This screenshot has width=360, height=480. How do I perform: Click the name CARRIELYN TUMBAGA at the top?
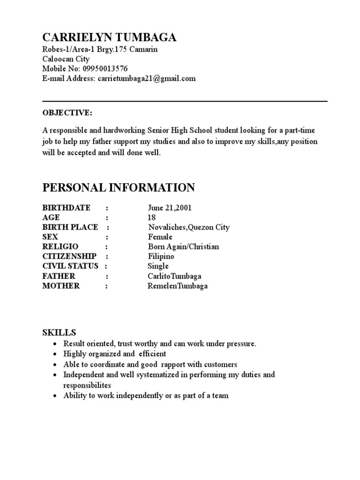pos(109,38)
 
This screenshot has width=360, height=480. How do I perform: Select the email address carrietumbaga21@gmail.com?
pos(147,79)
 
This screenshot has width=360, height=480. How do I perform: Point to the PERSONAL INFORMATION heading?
pos(119,188)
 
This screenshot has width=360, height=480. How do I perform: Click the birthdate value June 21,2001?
pos(169,208)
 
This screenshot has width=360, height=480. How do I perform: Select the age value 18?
pos(151,217)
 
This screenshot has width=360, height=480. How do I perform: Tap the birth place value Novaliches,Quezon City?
pos(188,227)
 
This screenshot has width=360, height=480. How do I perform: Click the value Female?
pos(160,237)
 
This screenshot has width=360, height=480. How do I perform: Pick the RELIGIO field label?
pos(60,247)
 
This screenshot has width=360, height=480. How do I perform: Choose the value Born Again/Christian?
pos(183,247)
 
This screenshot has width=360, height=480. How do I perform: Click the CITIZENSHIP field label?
pos(69,256)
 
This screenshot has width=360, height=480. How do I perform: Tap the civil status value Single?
pos(158,266)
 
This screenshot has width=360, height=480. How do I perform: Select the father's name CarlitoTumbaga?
pos(174,276)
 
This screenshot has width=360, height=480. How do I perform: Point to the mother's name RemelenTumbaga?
pos(177,286)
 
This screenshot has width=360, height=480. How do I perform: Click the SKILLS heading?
pos(59,332)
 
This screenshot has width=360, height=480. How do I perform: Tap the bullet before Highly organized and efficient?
pos(55,354)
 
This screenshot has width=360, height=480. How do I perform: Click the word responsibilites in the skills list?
pos(87,385)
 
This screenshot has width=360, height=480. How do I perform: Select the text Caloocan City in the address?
pos(66,59)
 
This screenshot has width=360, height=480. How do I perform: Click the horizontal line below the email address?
pos(185,101)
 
